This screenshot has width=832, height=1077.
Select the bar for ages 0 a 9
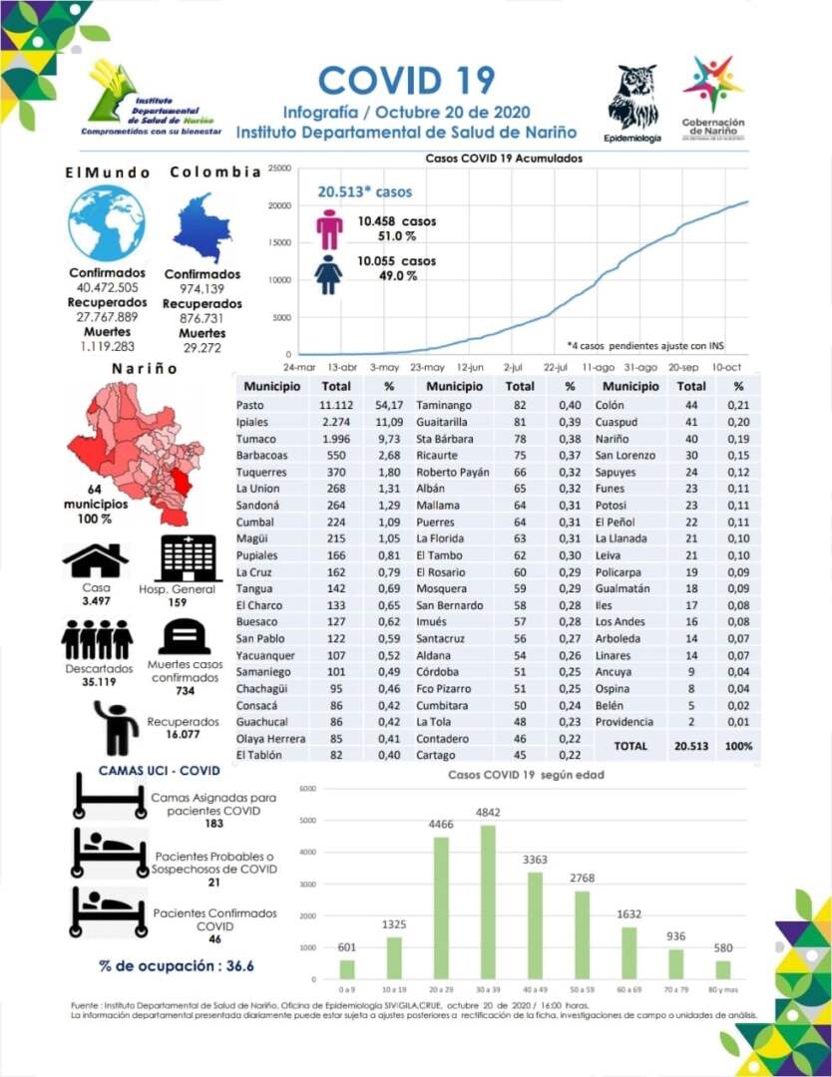tap(347, 968)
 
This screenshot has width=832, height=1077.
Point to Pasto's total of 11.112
tap(336, 405)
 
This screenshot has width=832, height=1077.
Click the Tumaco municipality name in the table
tap(254, 438)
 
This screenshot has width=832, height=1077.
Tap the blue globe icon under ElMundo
tap(107, 223)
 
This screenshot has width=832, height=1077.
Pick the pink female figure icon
tap(329, 229)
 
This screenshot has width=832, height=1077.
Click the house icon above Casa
tap(95, 560)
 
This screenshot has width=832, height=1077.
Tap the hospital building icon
tap(191, 558)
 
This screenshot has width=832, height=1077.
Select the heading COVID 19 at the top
tap(406, 80)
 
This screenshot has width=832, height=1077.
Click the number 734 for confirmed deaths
tap(184, 690)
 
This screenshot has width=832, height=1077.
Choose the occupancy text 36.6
tap(239, 965)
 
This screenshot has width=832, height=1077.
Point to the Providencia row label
tap(625, 721)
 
